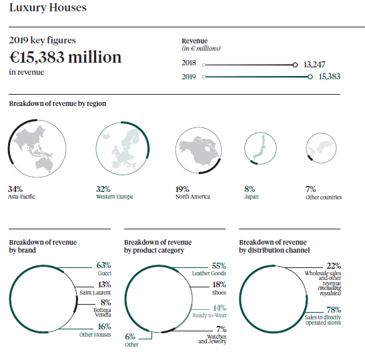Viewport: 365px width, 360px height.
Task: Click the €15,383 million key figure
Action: pos(65,57)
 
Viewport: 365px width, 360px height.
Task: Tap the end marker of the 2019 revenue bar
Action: pos(310,77)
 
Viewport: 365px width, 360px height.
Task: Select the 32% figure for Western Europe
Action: pos(103,189)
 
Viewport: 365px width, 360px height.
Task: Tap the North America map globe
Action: pos(198,151)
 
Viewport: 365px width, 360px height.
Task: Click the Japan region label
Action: pos(251,197)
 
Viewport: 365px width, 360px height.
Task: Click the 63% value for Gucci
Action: pos(103,265)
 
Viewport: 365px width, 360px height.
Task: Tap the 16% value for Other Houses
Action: pos(103,327)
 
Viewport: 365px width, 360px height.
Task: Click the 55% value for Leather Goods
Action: pos(219,265)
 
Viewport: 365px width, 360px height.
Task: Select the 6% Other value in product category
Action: pos(129,337)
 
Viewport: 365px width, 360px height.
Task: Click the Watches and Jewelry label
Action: pos(212,339)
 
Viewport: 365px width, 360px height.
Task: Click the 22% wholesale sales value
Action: pos(334,265)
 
